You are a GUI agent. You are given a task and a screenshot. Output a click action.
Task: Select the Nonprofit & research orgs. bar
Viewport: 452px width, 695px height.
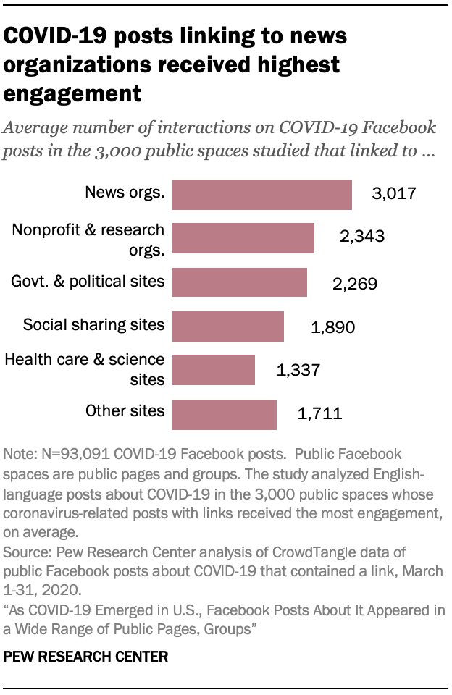pyautogui.click(x=243, y=238)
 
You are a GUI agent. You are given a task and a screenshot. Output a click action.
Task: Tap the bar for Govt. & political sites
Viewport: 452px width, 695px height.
pyautogui.click(x=240, y=282)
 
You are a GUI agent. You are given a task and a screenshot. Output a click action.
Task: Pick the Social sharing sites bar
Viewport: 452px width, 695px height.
pyautogui.click(x=228, y=327)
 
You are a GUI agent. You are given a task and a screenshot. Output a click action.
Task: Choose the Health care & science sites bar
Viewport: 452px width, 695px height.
pyautogui.click(x=214, y=370)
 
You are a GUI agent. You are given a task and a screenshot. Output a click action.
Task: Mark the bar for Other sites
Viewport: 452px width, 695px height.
pyautogui.click(x=225, y=414)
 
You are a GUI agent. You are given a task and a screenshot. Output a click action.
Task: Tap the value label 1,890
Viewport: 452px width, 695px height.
pyautogui.click(x=332, y=327)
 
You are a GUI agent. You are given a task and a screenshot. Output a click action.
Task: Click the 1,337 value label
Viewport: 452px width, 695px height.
pyautogui.click(x=298, y=371)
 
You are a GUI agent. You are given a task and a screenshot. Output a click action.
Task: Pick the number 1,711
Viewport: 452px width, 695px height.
pyautogui.click(x=319, y=415)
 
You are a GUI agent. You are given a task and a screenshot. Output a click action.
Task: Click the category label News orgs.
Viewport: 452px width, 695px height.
pyautogui.click(x=125, y=192)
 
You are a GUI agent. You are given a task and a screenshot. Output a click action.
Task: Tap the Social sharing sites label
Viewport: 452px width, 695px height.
pyautogui.click(x=93, y=324)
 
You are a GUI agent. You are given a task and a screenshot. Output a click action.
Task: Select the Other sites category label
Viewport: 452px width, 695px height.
pyautogui.click(x=125, y=412)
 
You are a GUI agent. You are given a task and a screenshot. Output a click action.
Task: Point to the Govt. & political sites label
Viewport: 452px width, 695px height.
pyautogui.click(x=88, y=280)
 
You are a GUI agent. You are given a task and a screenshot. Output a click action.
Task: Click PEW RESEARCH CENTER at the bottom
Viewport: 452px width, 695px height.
pyautogui.click(x=85, y=657)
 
